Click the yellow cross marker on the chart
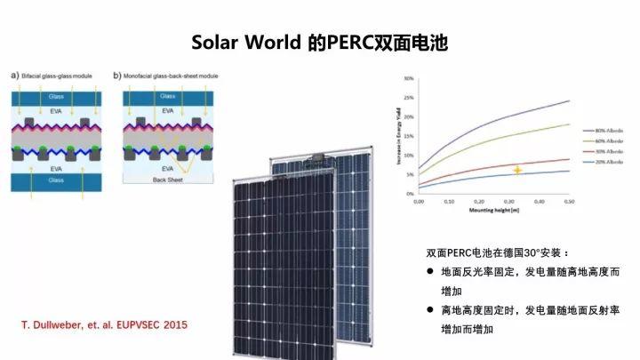coord(516,169)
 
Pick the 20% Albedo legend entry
coord(595,162)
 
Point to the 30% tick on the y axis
coord(408,78)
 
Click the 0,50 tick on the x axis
coord(567,202)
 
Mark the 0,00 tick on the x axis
coord(419,202)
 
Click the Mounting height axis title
coord(494,212)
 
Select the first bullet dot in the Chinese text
coord(429,270)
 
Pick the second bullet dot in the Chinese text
coord(429,310)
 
